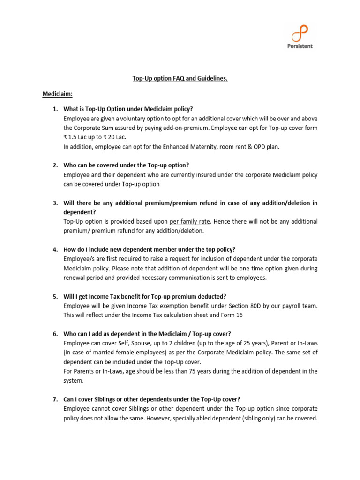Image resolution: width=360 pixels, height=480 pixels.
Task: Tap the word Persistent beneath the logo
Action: tap(300, 46)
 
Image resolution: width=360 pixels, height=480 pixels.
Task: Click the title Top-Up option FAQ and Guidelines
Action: tap(180, 79)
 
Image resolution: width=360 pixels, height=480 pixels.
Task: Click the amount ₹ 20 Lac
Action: tap(114, 137)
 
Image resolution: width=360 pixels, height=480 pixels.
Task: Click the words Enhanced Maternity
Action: tap(179, 146)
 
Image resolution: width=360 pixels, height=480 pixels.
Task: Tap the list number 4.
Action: tap(55, 249)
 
